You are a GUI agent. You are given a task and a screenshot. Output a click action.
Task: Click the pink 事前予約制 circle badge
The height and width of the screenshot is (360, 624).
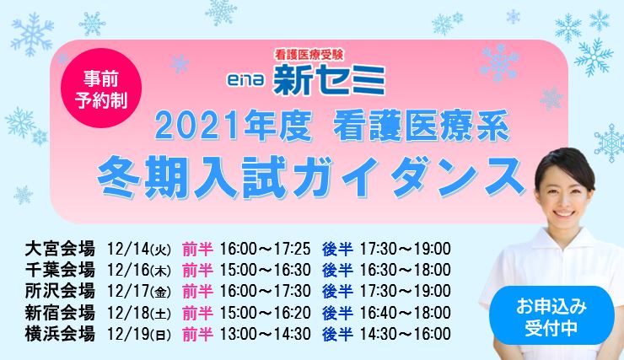tap(101, 88)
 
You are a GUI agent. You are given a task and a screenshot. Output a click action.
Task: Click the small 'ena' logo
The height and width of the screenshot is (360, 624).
tap(246, 79)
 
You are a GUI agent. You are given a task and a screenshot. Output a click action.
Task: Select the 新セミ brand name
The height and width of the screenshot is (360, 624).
tap(330, 80)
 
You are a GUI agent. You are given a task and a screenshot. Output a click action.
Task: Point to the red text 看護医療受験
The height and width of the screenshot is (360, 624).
tap(309, 55)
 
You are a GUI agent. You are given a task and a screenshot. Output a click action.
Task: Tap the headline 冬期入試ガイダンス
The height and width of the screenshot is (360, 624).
tap(311, 177)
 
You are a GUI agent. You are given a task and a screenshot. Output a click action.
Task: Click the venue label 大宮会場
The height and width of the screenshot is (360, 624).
tap(60, 249)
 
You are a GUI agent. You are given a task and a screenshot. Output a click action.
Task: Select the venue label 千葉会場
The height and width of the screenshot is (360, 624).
tap(60, 270)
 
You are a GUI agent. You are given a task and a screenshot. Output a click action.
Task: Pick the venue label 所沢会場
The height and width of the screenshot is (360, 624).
tap(60, 291)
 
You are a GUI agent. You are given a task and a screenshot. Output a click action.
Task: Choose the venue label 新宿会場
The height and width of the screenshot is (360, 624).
tap(60, 313)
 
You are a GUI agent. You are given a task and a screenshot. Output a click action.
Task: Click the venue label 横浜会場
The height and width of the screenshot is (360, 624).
tap(60, 334)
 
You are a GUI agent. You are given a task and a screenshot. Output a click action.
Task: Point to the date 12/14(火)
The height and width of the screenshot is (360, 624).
tap(139, 250)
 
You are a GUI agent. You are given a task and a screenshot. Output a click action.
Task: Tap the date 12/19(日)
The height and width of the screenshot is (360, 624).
tap(139, 334)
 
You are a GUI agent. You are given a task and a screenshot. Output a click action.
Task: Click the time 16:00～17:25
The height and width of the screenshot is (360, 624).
tap(265, 249)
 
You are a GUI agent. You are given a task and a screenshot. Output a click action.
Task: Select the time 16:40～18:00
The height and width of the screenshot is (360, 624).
tap(405, 313)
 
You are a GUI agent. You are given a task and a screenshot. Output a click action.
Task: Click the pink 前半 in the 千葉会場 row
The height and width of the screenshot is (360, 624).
tap(197, 271)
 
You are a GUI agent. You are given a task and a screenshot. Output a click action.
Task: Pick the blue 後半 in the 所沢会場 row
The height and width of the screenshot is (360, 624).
tap(337, 292)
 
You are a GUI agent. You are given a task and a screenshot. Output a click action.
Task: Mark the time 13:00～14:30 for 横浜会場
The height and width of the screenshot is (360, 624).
tap(265, 334)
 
